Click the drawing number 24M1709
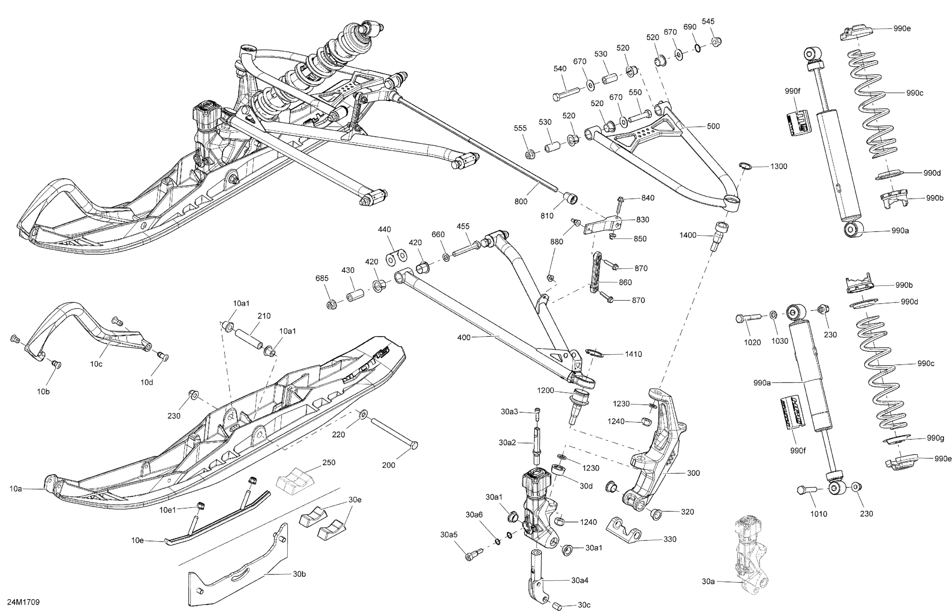click(23, 602)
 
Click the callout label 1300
click(778, 166)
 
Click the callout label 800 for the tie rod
click(521, 201)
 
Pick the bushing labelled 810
click(571, 197)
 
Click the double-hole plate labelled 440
click(396, 257)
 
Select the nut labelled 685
click(332, 305)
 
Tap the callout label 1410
click(633, 354)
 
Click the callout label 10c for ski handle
click(96, 364)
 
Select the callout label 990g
click(935, 438)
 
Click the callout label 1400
click(688, 235)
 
